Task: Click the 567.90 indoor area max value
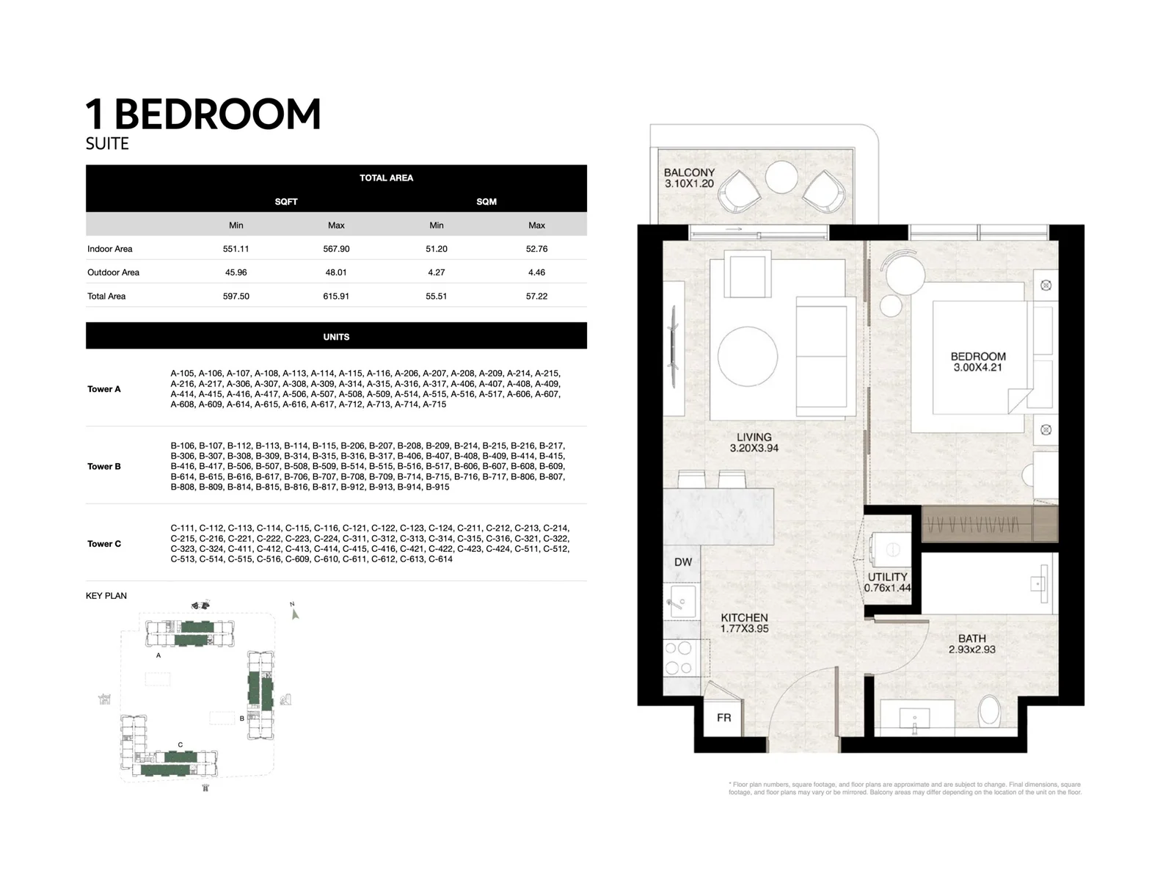tap(336, 249)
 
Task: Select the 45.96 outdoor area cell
tap(236, 272)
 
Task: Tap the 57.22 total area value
tap(536, 297)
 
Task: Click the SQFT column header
tap(286, 201)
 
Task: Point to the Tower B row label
tap(104, 466)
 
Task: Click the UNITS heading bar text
tap(336, 337)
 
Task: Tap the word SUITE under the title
tap(107, 144)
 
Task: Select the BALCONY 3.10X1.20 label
tap(689, 178)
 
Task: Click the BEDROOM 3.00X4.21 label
tap(978, 362)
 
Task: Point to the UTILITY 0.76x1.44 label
tap(887, 582)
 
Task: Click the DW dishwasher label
tap(683, 562)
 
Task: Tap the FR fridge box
tap(723, 717)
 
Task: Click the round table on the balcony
tap(781, 176)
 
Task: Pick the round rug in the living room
tap(748, 357)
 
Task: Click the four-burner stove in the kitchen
tap(678, 658)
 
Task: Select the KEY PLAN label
tap(106, 596)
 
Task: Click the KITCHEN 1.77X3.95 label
tap(744, 623)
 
